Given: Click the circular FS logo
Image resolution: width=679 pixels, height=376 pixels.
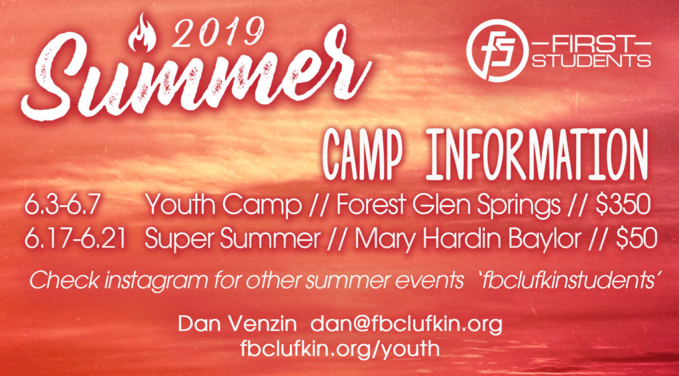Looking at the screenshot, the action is (x=497, y=50).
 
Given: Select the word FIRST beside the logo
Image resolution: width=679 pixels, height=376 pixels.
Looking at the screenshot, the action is (x=591, y=44).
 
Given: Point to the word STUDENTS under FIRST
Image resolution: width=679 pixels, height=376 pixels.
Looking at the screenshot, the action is (x=591, y=60).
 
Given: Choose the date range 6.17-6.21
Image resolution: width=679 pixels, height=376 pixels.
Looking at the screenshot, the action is (x=75, y=239).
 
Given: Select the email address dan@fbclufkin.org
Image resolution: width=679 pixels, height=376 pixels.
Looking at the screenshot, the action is (x=406, y=324).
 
